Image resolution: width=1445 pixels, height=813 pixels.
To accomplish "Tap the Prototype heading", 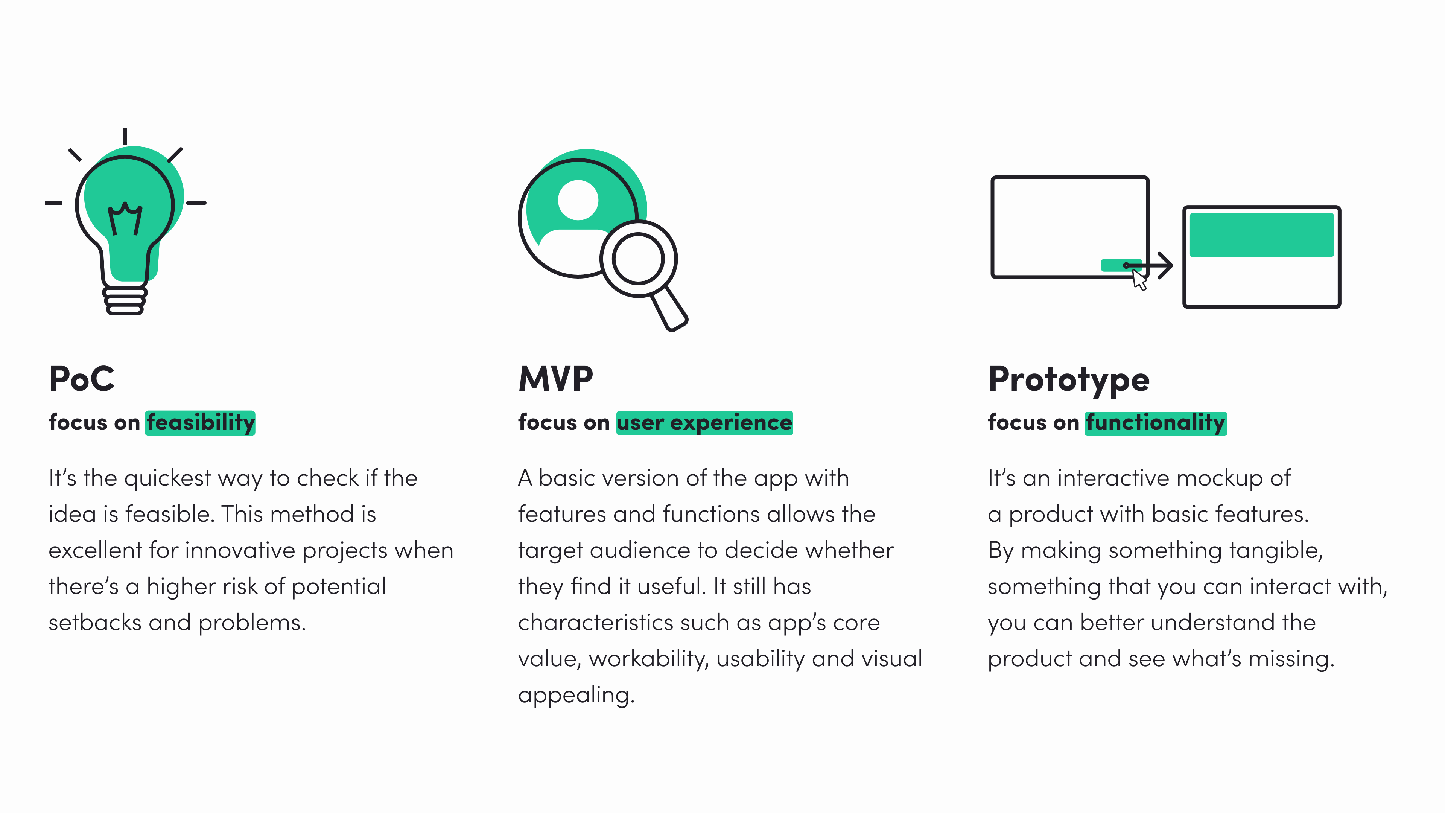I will click(1069, 380).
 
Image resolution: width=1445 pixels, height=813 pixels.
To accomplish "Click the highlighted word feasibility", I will click(200, 422).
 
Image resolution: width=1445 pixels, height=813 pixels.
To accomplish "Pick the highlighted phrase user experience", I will click(704, 422).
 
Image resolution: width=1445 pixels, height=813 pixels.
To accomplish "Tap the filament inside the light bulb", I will click(125, 219).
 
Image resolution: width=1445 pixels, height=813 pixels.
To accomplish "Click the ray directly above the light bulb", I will click(125, 136).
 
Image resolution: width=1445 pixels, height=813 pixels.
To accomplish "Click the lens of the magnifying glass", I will click(638, 259).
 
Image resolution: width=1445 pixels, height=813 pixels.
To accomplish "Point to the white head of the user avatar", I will click(578, 200).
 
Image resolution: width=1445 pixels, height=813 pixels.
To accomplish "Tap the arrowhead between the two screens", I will click(1166, 265).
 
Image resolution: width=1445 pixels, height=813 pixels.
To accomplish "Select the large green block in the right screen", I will click(1261, 234).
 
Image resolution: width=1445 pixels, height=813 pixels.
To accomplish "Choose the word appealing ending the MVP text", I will click(575, 695).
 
